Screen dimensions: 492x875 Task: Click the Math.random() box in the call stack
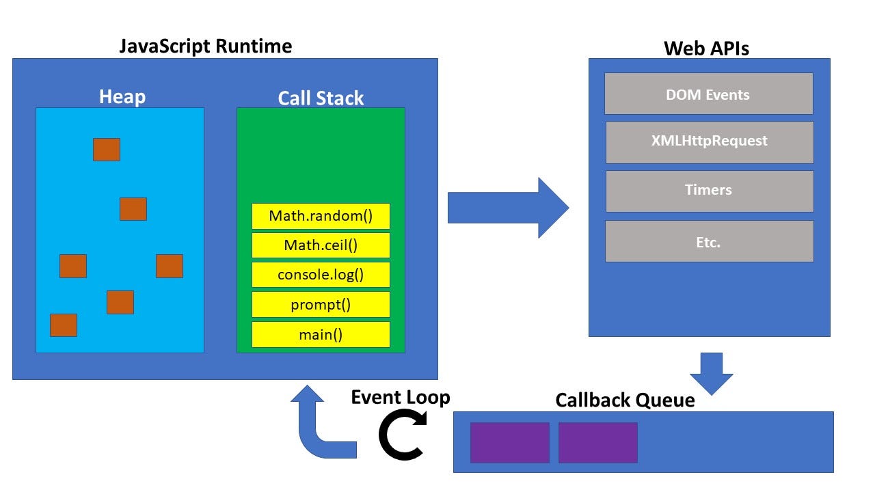coord(321,216)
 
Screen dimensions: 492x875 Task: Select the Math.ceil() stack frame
coord(321,245)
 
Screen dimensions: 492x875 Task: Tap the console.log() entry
coord(321,275)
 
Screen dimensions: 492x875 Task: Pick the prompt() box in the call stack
coord(321,305)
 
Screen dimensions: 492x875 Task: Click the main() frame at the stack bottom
coord(321,334)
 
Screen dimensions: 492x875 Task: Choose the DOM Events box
coord(708,94)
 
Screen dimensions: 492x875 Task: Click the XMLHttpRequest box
coord(709,141)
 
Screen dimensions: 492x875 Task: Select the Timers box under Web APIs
coord(709,191)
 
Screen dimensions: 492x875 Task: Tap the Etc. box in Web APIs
coord(709,241)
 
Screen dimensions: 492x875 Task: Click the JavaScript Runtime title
coord(206,46)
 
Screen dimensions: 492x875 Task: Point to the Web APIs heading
coord(707,48)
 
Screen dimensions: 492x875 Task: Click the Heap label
coord(122,96)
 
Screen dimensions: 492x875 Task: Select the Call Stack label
coord(321,98)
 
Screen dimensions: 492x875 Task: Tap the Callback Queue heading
coord(625,400)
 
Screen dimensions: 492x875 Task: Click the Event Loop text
coord(401,397)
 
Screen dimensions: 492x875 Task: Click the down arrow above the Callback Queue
coord(712,373)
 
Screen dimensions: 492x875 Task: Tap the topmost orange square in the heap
coord(107,150)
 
